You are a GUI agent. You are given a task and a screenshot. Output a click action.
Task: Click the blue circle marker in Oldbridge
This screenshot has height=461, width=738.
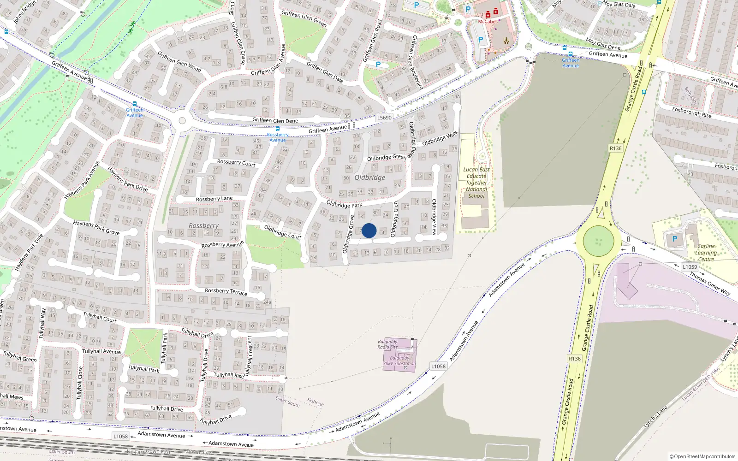[x=369, y=230]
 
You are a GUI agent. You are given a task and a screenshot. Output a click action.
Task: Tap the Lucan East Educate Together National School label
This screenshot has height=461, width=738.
[x=476, y=183]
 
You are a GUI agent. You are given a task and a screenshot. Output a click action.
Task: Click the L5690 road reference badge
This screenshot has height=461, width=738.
[x=384, y=118]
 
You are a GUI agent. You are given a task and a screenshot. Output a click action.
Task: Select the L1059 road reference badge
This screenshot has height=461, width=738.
[x=690, y=267]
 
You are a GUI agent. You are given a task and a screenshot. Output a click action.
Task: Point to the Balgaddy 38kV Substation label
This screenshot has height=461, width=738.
[x=399, y=361]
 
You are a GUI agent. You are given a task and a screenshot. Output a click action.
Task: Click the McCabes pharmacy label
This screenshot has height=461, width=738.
[x=488, y=22]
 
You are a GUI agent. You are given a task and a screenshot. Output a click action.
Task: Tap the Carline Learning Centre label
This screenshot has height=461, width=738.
[x=706, y=253]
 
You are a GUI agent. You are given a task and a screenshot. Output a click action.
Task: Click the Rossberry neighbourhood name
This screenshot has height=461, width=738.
[x=203, y=225]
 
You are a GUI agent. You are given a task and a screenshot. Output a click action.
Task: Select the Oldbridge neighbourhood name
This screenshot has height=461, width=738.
[x=369, y=177]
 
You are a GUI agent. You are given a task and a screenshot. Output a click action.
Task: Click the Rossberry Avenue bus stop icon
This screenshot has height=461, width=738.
[x=277, y=129]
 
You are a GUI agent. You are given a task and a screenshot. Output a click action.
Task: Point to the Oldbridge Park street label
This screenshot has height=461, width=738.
[x=344, y=204]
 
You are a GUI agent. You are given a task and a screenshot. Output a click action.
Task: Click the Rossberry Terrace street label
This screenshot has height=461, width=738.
[x=226, y=291]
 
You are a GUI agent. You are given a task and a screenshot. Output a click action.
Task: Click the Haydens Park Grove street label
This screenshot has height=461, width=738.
[x=96, y=227]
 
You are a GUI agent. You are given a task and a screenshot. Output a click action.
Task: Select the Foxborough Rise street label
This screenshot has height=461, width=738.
[x=692, y=112]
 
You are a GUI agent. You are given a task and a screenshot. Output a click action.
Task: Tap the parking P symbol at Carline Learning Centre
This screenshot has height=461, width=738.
[x=675, y=239]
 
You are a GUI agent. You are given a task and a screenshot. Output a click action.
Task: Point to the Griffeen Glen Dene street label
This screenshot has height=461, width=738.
[x=275, y=121]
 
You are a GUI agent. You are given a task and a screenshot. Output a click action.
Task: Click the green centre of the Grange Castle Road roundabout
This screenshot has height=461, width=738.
[x=598, y=241]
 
